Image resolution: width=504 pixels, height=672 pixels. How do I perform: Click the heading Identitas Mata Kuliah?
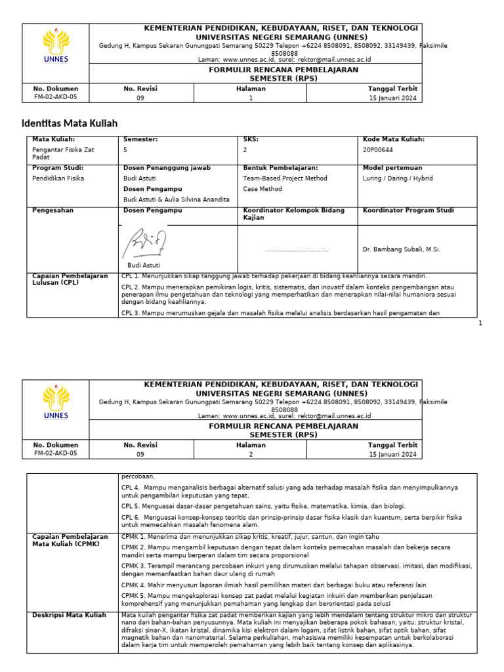[70, 123]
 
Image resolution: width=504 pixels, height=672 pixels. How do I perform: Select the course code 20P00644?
[378, 150]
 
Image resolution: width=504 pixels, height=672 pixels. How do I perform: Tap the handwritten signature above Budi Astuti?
[144, 243]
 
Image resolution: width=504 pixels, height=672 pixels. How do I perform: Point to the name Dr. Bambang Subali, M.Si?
[401, 249]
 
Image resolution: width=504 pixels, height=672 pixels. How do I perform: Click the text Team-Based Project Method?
[285, 178]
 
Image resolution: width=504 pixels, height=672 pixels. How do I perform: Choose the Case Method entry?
[262, 189]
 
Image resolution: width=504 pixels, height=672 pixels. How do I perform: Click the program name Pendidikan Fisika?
[58, 178]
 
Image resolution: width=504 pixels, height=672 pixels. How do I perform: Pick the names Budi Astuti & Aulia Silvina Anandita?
[177, 199]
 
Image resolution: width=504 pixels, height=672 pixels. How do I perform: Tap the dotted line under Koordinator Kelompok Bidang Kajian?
[297, 250]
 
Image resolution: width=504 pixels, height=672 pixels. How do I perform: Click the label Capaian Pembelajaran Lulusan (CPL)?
[70, 280]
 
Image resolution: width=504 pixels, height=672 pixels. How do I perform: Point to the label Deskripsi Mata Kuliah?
[69, 615]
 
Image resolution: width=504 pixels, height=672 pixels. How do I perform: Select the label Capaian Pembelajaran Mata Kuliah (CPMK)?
[70, 540]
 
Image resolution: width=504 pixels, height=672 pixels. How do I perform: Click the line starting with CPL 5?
[263, 506]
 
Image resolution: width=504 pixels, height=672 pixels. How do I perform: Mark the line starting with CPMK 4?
[274, 585]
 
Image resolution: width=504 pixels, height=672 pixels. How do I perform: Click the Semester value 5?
[125, 150]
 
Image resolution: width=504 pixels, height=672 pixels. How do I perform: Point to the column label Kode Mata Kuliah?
[393, 139]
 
